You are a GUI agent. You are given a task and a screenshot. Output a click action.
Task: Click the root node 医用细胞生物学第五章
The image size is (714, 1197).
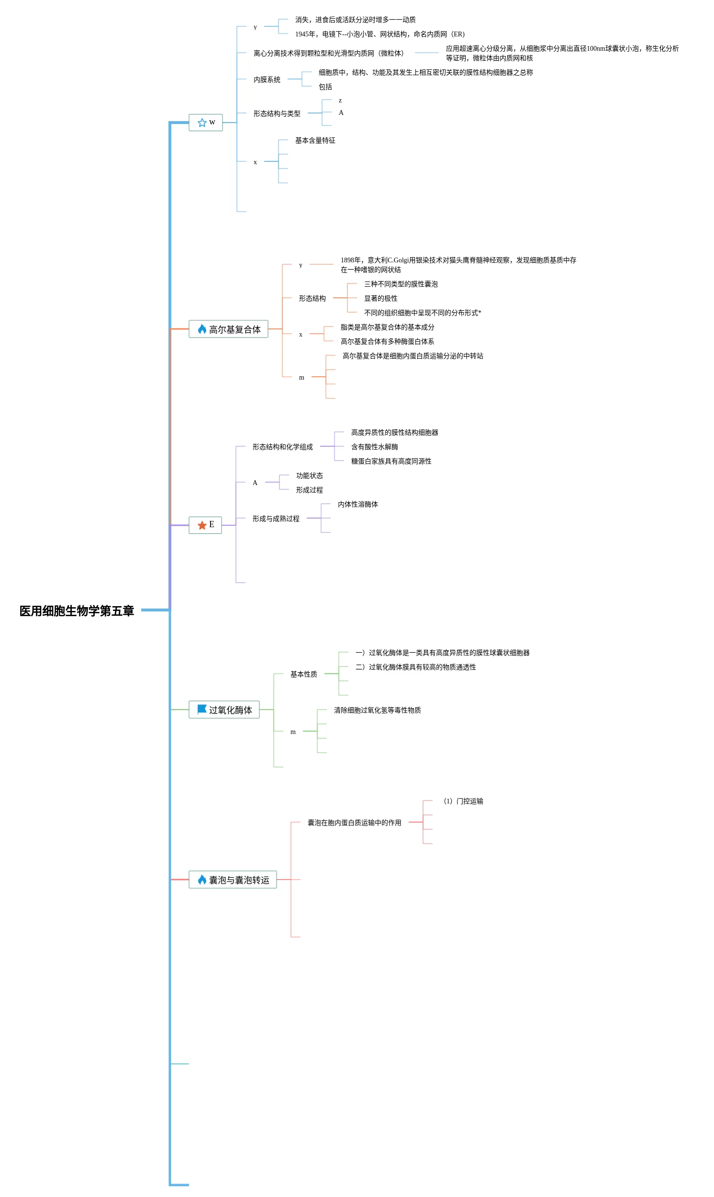click(77, 611)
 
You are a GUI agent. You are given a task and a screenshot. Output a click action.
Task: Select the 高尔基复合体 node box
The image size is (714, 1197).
click(228, 329)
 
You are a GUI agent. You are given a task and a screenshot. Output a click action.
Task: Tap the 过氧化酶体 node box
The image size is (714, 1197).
click(224, 710)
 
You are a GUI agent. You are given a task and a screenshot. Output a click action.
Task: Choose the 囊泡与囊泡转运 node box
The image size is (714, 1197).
click(233, 880)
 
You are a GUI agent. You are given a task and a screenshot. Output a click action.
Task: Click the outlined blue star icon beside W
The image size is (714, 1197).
click(202, 123)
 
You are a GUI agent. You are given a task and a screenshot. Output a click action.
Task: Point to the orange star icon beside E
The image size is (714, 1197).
click(202, 525)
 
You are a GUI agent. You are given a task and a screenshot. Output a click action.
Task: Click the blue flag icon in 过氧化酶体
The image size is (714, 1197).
click(202, 710)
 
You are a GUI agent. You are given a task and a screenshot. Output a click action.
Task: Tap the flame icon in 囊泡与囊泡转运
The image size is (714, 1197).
click(202, 880)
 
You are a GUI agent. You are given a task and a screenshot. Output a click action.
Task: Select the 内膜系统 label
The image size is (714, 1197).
click(267, 80)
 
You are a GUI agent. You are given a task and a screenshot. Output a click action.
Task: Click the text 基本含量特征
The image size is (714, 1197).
click(315, 141)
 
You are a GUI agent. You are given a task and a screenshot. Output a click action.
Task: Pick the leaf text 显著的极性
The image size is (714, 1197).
click(380, 298)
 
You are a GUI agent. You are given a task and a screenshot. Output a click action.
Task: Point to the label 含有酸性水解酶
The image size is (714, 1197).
click(374, 447)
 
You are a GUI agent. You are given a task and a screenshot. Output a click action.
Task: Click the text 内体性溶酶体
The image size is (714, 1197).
click(357, 504)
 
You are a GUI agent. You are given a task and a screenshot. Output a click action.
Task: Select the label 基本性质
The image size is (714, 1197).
click(303, 674)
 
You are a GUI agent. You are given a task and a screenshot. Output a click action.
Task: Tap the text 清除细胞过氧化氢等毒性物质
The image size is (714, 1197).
click(377, 711)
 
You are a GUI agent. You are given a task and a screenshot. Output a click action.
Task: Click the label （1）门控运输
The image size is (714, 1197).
click(463, 802)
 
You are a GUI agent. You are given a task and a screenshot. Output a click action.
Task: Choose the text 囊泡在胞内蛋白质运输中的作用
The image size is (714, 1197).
click(354, 823)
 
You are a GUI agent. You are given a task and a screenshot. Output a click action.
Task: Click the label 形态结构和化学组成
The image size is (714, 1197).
click(282, 447)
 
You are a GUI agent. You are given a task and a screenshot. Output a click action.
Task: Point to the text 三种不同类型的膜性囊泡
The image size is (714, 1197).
click(401, 284)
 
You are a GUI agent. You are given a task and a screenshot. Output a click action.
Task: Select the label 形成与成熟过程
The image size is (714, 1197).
click(276, 519)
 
